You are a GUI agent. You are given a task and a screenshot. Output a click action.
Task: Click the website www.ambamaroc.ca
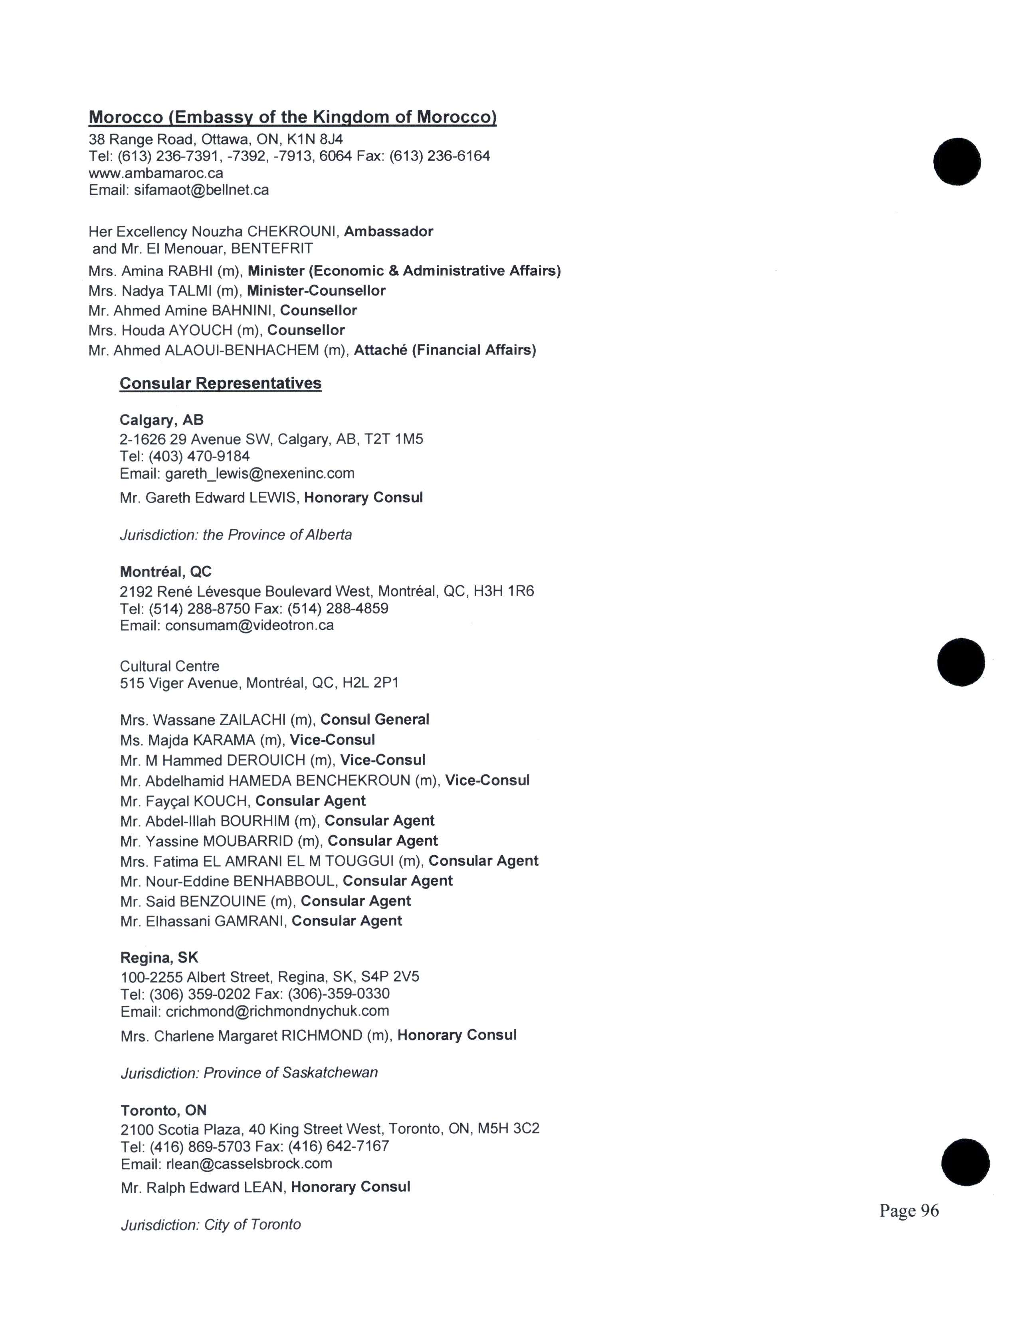(156, 173)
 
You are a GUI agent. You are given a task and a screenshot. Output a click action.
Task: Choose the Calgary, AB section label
(162, 420)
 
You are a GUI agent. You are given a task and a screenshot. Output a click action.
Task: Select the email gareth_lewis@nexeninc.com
(260, 473)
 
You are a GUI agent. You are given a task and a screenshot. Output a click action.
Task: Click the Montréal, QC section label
(166, 571)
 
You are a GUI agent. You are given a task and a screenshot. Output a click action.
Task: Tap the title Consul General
(374, 720)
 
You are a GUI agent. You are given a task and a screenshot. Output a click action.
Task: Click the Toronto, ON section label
(163, 1110)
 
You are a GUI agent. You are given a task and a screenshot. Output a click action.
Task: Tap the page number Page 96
(909, 1210)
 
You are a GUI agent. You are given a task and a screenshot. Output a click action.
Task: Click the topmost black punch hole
(957, 162)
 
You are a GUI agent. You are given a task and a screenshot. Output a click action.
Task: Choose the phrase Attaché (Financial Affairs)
(444, 350)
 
